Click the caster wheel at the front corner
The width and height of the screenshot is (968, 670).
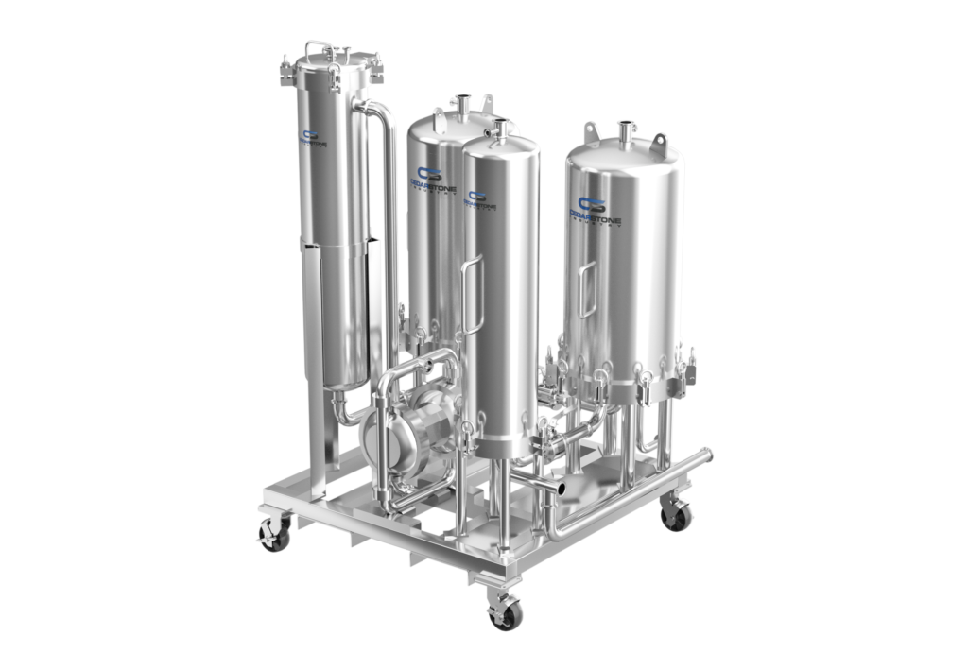tap(504, 613)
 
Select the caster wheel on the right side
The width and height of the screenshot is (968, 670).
tap(675, 513)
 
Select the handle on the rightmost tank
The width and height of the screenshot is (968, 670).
tap(588, 288)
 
